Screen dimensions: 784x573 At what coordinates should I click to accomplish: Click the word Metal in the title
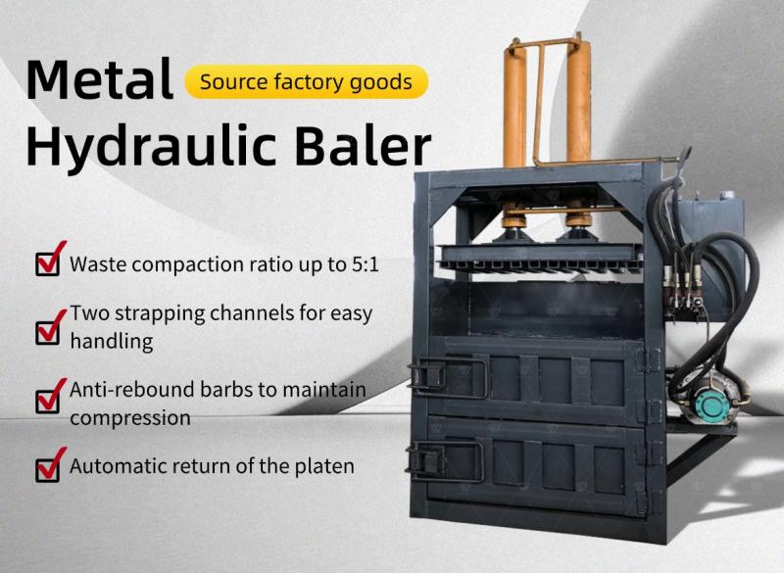click(100, 79)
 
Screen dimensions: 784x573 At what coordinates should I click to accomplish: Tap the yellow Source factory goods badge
click(307, 81)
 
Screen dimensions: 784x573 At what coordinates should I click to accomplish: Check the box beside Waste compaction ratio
click(48, 263)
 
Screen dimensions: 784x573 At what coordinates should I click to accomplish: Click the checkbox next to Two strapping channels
click(48, 331)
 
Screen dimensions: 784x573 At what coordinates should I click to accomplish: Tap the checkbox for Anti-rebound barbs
click(48, 400)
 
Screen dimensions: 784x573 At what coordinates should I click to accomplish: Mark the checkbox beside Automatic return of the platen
click(48, 468)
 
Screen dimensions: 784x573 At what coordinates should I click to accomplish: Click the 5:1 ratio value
click(366, 264)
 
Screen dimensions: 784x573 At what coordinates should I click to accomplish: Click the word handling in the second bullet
click(112, 342)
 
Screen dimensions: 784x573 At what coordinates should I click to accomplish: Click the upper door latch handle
click(448, 377)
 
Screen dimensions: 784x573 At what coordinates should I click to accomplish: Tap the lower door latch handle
click(446, 461)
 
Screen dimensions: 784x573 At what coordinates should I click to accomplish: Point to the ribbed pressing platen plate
click(541, 257)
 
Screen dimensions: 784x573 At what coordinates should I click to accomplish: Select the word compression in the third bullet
click(130, 418)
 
